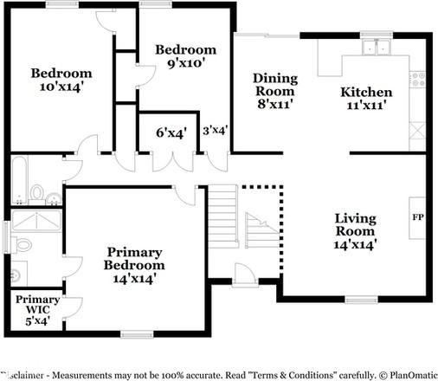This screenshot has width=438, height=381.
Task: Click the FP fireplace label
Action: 418,217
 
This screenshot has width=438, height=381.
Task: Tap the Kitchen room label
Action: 366,93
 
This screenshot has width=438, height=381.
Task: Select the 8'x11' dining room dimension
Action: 275,104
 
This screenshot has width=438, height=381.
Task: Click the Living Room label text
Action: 356,224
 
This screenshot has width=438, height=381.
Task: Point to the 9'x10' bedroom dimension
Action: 186,63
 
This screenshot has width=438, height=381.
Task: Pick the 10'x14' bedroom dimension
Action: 61,87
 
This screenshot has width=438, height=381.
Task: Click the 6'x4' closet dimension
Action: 171,132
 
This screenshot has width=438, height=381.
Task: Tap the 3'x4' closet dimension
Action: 216,131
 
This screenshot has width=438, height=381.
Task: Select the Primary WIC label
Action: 37,305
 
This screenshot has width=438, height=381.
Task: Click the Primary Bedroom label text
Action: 134,259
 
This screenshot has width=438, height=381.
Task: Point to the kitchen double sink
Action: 376,48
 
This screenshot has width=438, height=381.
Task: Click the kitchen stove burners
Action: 417,80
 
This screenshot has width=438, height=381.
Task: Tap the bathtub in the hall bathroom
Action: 19,180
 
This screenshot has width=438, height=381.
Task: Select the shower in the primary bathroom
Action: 36,221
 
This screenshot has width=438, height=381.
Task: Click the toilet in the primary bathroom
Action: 22,245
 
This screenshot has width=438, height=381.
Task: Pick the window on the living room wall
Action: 362,300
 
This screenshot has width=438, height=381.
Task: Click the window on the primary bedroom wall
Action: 137,335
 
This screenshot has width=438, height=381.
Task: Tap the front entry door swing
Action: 245,274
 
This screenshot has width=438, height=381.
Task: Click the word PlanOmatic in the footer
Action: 414,375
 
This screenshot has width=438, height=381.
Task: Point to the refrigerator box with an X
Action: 417,131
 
